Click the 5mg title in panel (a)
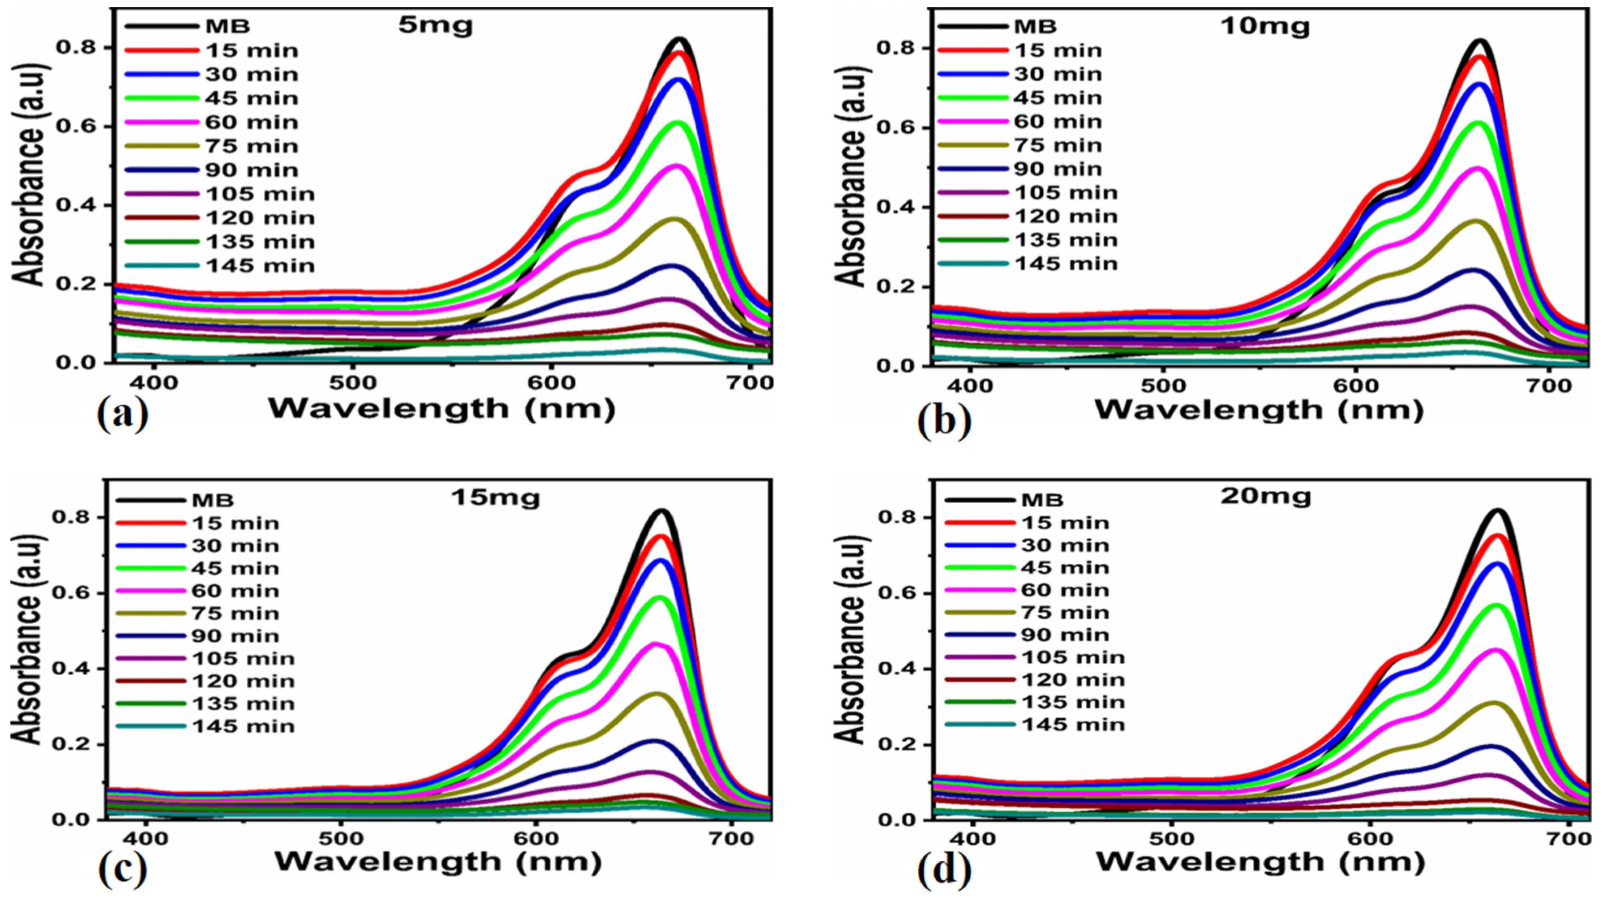pyautogui.click(x=435, y=26)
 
